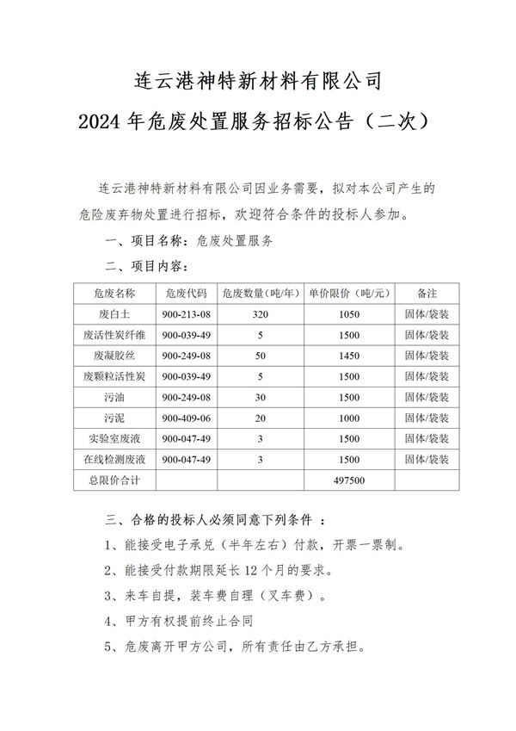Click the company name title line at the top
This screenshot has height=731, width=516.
pyautogui.click(x=258, y=82)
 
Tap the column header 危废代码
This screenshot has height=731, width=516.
pyautogui.click(x=186, y=293)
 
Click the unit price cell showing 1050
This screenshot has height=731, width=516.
pyautogui.click(x=349, y=313)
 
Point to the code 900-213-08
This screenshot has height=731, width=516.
pyautogui.click(x=186, y=313)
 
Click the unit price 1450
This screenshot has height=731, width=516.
pyautogui.click(x=349, y=355)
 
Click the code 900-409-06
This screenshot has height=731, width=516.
pyautogui.click(x=186, y=418)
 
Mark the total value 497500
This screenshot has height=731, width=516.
pyautogui.click(x=349, y=480)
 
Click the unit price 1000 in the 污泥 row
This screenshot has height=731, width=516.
pyautogui.click(x=349, y=418)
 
